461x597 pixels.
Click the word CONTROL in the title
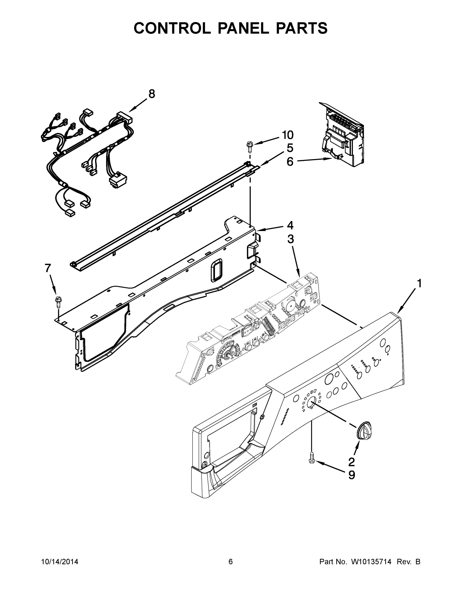tap(172, 28)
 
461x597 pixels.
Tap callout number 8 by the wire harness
tap(152, 94)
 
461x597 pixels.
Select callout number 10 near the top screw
tap(287, 135)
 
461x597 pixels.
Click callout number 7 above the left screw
tap(48, 268)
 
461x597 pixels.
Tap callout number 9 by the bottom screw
tap(352, 475)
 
